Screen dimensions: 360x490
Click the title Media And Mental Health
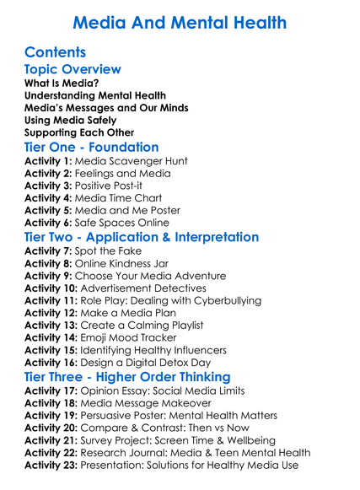click(x=179, y=21)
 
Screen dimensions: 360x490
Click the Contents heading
click(x=56, y=51)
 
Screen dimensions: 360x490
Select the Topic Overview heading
click(x=73, y=69)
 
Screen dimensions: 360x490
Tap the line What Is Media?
click(x=61, y=83)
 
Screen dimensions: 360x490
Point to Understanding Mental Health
click(x=95, y=96)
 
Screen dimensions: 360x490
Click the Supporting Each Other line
click(x=79, y=132)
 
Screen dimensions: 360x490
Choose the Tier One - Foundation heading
click(x=92, y=148)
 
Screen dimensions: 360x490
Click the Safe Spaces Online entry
click(x=128, y=223)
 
